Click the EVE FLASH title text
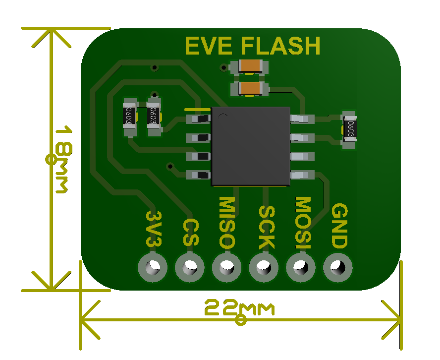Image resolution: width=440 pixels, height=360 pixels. pos(252,46)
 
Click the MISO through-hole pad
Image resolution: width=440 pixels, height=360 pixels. pos(227,268)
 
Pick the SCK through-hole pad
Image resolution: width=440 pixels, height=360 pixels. pos(264,268)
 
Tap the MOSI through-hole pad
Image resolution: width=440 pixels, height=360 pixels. pos(301,268)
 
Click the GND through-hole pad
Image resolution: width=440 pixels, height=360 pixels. pos(338,268)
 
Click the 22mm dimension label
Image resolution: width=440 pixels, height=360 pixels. pos(239,309)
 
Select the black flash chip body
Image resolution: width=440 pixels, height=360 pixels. pos(250,146)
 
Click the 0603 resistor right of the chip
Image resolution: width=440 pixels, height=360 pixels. pos(350,127)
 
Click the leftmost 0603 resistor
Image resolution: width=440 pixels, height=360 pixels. pos(130,117)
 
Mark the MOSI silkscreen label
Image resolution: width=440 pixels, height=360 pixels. pos(303,223)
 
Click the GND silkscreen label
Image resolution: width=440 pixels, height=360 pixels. pos(339,226)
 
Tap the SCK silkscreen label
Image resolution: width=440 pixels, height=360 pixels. pos(267,228)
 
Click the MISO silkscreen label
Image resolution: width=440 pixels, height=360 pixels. pos(227,223)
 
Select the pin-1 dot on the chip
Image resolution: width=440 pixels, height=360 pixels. pos(222,117)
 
